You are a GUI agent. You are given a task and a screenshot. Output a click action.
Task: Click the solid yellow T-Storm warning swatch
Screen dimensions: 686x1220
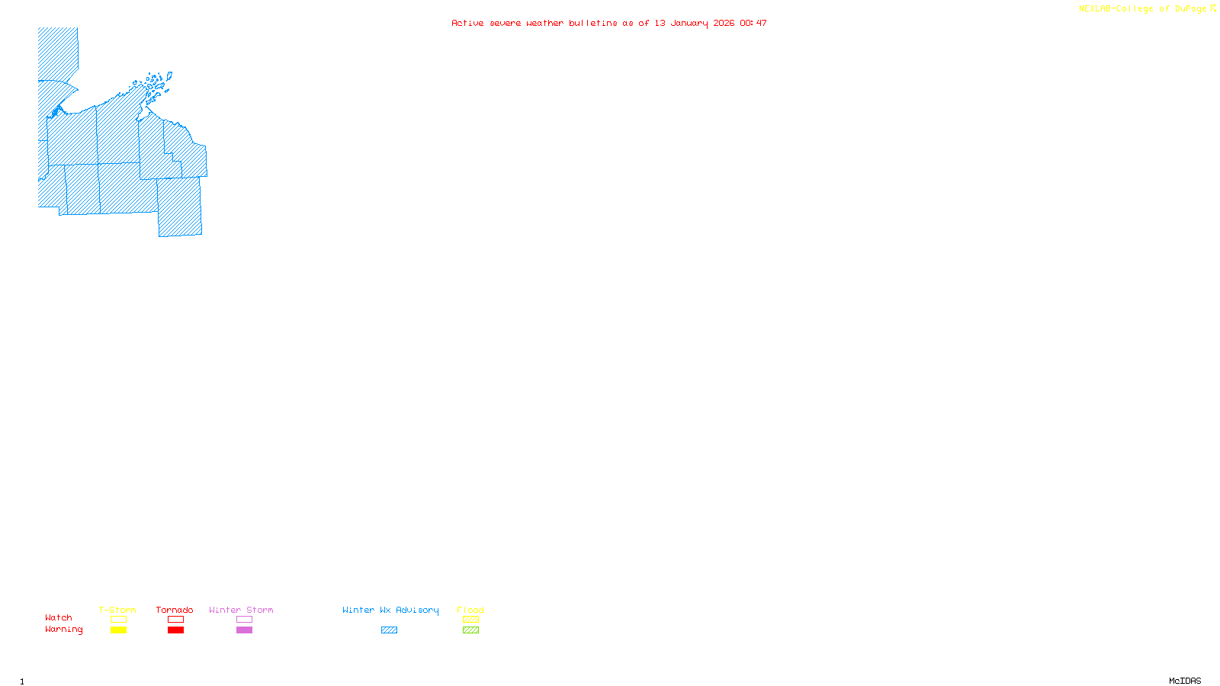coord(118,630)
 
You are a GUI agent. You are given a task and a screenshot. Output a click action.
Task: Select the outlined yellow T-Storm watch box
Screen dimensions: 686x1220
coord(118,620)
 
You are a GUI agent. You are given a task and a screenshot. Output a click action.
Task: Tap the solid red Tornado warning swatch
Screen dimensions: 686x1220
coord(175,630)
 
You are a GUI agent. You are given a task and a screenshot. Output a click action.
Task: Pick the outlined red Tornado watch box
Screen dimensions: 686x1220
coord(175,620)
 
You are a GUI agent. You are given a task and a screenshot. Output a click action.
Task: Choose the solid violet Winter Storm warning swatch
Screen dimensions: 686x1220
coord(244,630)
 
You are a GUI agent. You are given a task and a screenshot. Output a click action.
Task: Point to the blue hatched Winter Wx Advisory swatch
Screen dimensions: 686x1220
coord(389,630)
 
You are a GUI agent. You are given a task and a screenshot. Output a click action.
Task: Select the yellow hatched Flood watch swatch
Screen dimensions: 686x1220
coord(470,620)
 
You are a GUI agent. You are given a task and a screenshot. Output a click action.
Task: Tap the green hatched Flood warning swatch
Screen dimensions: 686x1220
coord(470,630)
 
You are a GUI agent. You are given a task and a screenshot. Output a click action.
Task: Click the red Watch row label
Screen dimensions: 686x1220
coord(59,618)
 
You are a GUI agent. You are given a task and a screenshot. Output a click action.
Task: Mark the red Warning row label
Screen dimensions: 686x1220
coord(63,630)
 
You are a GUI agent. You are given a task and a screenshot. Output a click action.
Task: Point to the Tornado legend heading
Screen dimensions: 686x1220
coord(175,610)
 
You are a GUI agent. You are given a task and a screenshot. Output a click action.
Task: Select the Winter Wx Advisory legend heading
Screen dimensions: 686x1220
coord(390,610)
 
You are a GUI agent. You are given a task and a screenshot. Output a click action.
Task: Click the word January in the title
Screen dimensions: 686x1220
coord(689,23)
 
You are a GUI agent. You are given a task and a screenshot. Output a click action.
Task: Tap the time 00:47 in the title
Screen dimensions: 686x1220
coord(753,23)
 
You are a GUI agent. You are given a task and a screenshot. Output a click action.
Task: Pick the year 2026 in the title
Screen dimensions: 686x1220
coord(724,23)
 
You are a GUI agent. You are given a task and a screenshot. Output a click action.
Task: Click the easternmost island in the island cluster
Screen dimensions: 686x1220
coord(169,75)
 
